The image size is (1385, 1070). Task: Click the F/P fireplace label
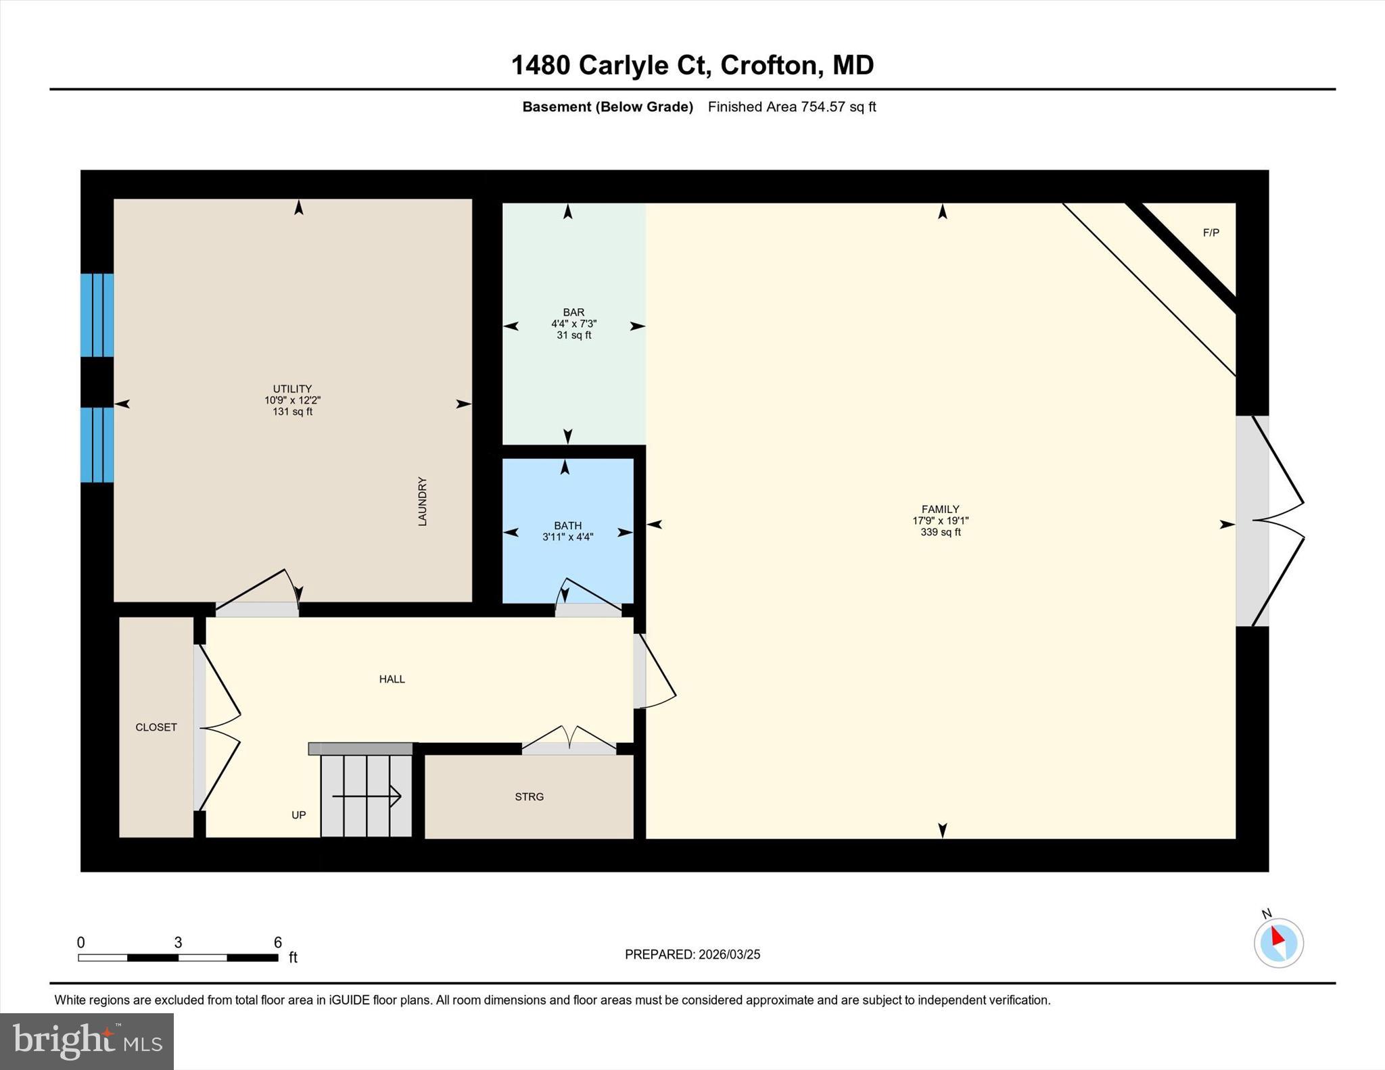[1211, 233]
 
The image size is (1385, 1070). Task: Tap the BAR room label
[573, 312]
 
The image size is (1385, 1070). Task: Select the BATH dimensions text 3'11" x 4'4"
[567, 537]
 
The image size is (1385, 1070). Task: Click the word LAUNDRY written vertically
[422, 502]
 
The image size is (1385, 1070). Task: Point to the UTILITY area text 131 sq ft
[292, 412]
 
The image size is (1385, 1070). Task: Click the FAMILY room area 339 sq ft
[940, 533]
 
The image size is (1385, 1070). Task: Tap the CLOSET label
[156, 727]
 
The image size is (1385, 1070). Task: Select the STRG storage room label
[529, 797]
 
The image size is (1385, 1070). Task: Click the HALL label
[392, 679]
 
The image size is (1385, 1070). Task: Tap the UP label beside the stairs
[298, 815]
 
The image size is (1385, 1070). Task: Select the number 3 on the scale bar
[178, 943]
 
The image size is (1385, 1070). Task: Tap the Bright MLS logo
[87, 1041]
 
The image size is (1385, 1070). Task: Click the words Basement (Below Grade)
[607, 107]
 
